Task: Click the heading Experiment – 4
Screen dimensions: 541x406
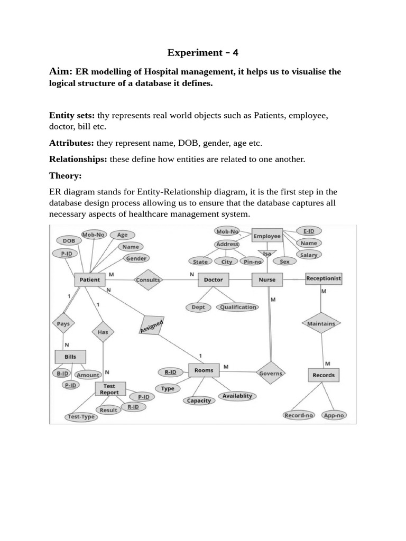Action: pos(203,52)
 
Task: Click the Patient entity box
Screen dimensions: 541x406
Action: pos(89,279)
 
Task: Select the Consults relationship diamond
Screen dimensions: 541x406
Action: pos(148,280)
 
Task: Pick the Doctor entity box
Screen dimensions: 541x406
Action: pos(213,279)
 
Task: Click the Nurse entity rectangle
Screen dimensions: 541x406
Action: pos(267,279)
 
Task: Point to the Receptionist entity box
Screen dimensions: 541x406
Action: pos(324,278)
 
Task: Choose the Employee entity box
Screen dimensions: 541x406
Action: pos(267,236)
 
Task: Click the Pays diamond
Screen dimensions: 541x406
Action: pos(63,323)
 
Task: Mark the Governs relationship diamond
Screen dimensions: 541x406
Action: pos(271,373)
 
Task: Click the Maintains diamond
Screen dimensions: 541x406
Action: pos(321,323)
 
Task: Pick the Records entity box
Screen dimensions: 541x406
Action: pos(323,375)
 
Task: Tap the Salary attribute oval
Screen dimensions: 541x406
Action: pos(308,255)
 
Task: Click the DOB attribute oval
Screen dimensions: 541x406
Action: pos(69,240)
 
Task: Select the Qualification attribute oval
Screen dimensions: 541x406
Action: pos(238,307)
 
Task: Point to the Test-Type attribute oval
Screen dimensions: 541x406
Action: pos(81,417)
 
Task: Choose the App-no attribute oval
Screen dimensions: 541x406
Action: pos(334,415)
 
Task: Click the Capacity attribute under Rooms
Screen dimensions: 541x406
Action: pos(199,400)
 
